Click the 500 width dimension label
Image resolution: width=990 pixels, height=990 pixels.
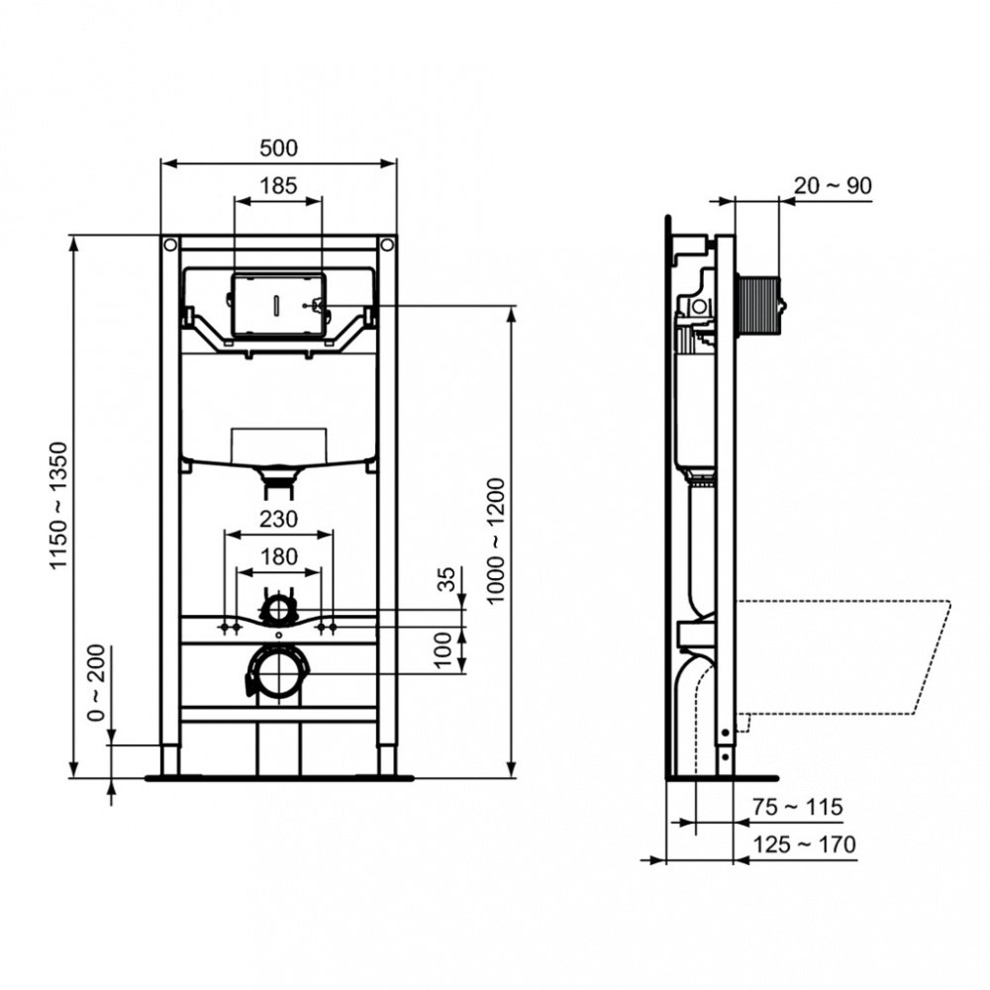click(x=278, y=148)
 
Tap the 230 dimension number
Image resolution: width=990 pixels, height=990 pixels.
click(x=278, y=518)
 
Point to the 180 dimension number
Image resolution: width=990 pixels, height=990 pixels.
click(x=278, y=556)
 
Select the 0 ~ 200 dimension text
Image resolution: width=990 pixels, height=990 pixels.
click(x=97, y=685)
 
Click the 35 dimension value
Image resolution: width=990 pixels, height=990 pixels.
click(x=446, y=578)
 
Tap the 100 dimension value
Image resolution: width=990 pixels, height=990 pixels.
click(x=446, y=650)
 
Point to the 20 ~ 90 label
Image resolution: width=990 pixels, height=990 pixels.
click(x=832, y=185)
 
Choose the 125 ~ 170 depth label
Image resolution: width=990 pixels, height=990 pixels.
click(x=803, y=844)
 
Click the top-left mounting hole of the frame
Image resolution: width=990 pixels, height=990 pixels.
click(x=170, y=244)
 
